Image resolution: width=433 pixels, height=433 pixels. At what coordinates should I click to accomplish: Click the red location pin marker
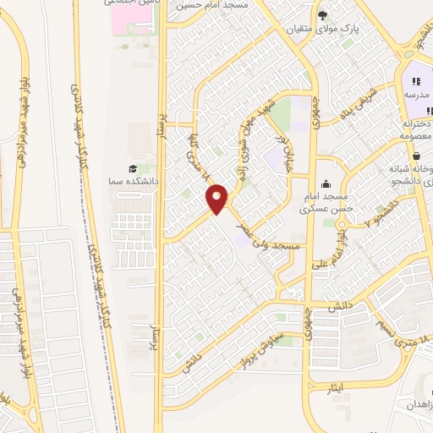point(218,199)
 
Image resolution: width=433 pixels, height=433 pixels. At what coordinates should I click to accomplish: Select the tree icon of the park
point(322,15)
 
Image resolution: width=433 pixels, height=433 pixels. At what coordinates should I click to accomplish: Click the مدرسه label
point(415,96)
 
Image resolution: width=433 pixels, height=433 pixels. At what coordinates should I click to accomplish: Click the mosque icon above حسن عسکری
point(326,184)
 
